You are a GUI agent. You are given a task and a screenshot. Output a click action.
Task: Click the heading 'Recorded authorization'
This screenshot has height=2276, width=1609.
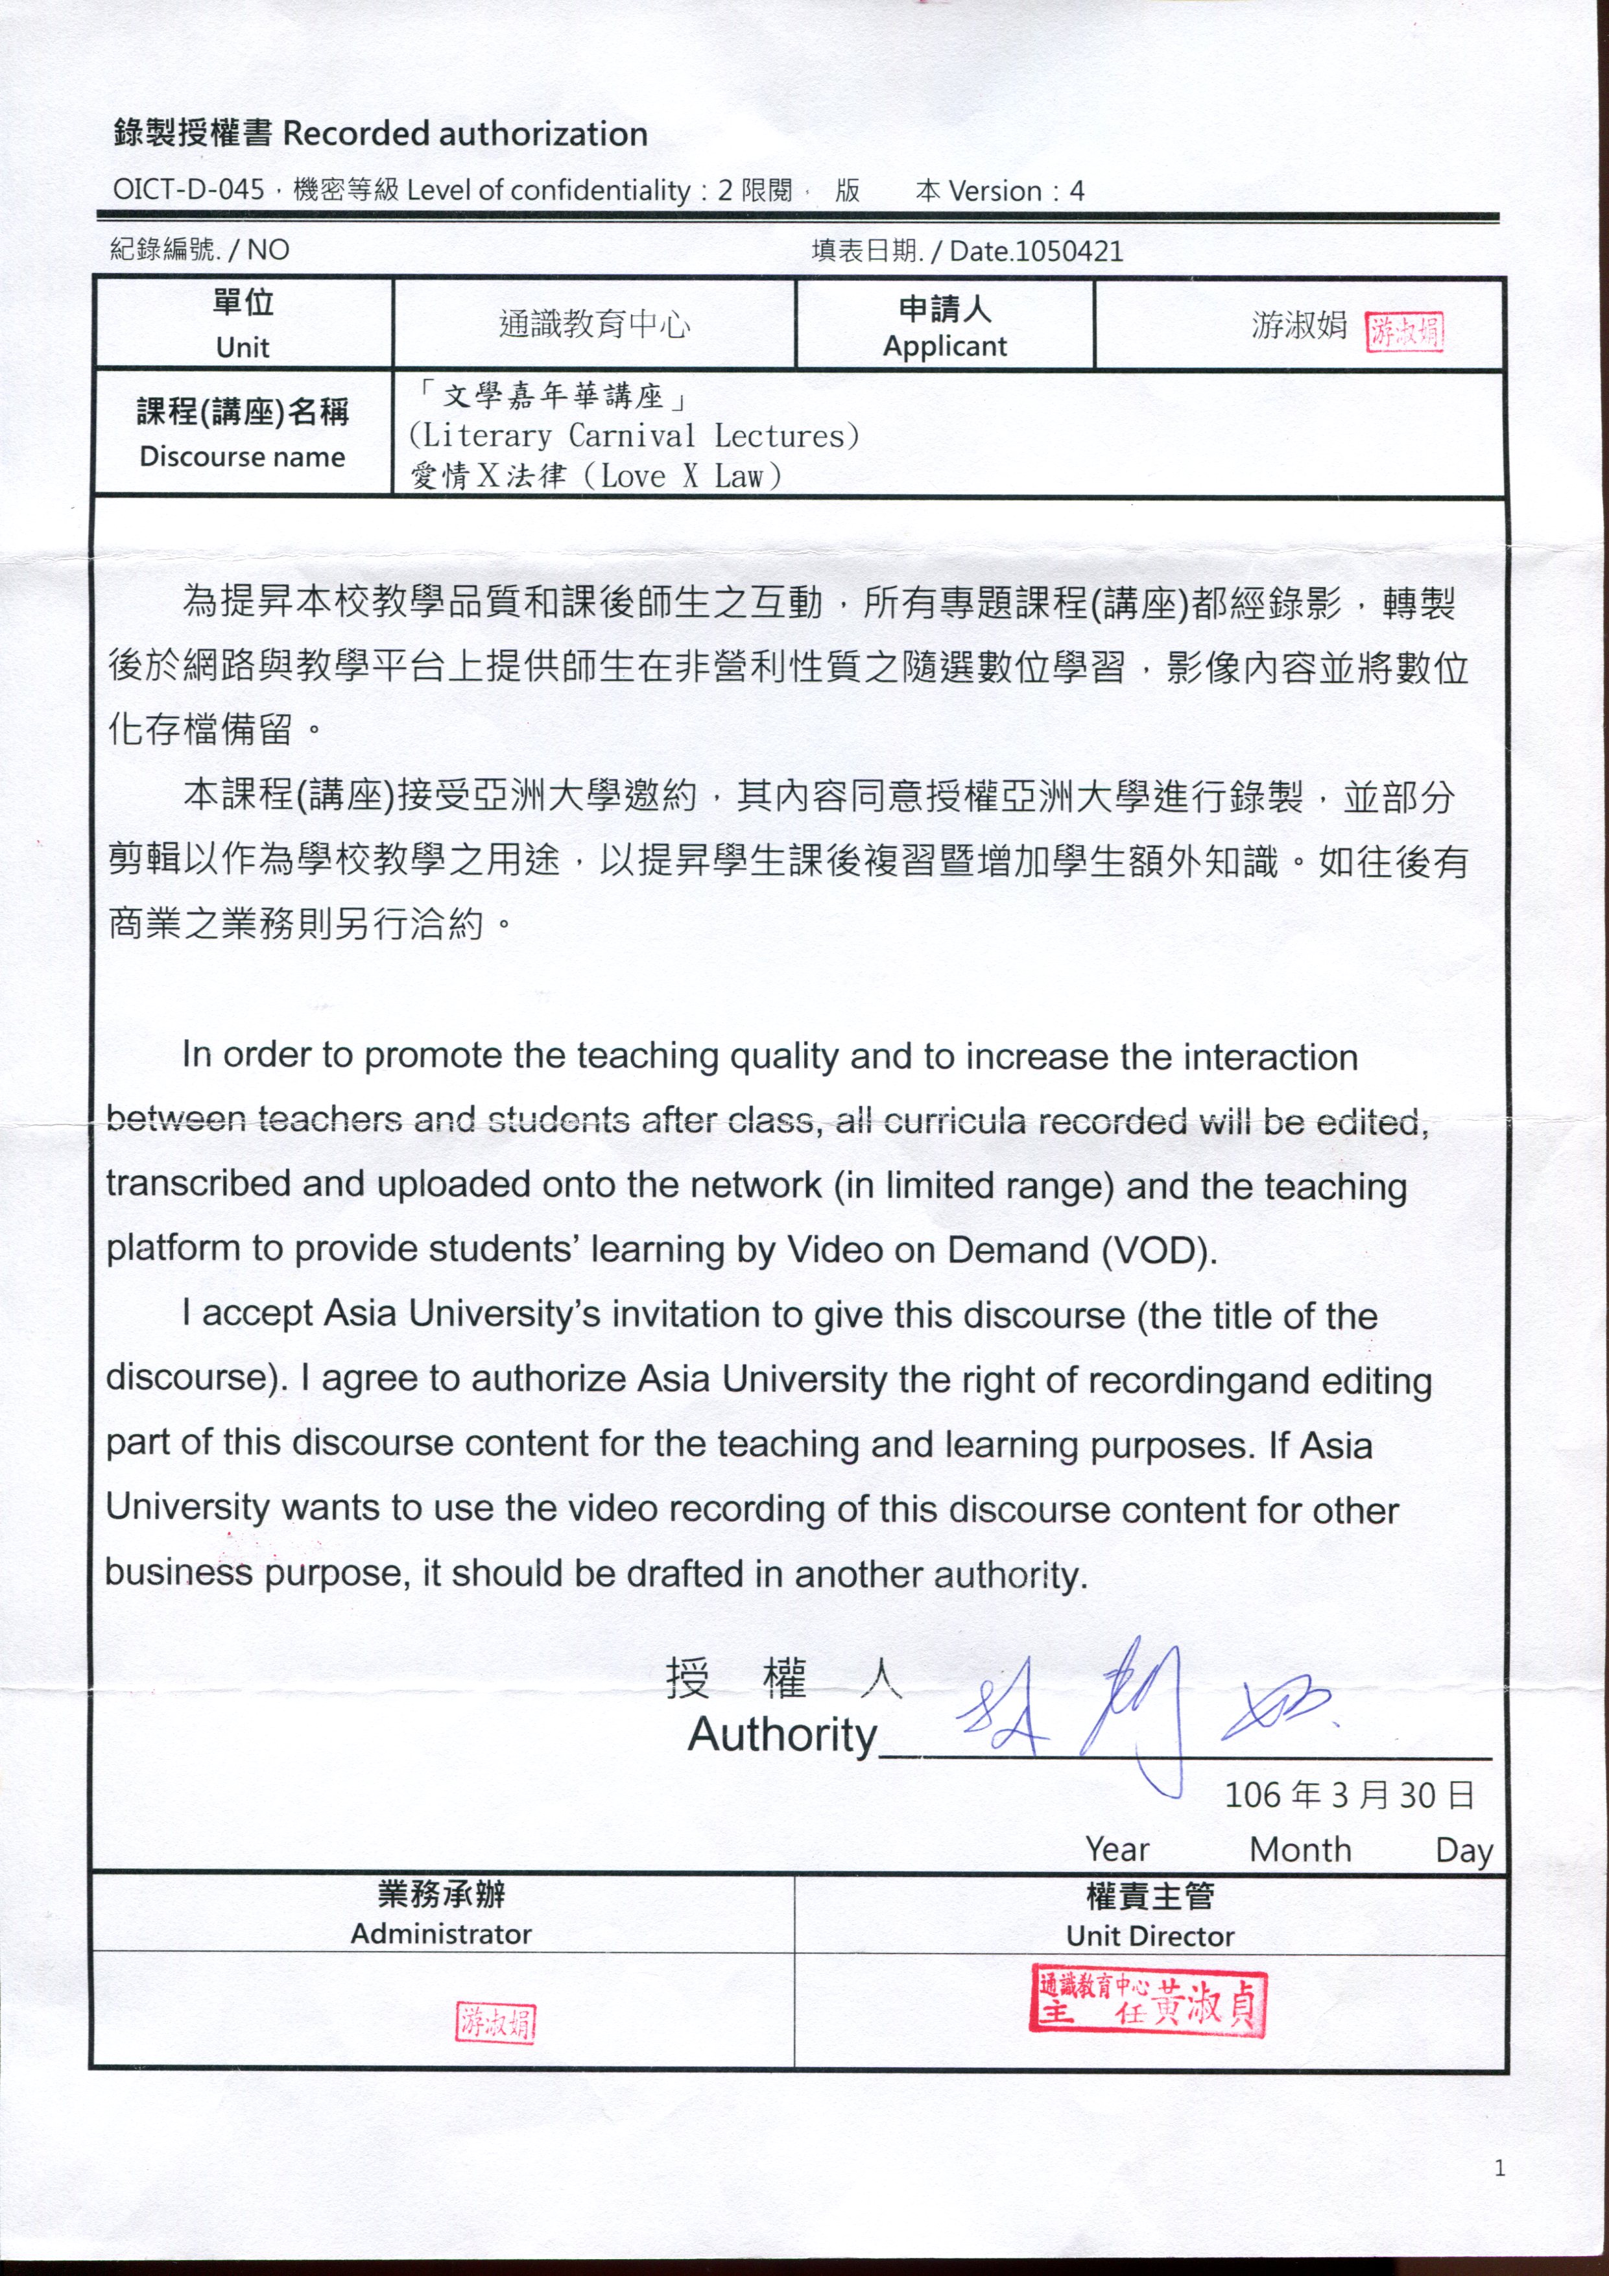coord(465,134)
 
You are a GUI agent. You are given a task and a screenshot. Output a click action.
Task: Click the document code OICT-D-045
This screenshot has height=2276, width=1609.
coord(188,189)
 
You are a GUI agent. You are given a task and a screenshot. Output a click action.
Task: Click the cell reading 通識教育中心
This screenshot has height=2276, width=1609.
coord(594,324)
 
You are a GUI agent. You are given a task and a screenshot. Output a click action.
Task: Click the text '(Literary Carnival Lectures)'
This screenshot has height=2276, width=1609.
coord(634,436)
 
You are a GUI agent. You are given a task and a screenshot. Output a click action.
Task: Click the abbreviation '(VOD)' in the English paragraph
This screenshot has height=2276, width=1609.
coord(1158,1251)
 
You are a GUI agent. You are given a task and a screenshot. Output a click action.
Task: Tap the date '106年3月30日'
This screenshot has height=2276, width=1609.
coord(1349,1795)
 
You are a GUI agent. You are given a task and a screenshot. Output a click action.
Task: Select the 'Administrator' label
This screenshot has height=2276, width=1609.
coord(441,1934)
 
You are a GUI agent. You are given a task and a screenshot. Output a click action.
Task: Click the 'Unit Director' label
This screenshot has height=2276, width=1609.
coord(1150,1936)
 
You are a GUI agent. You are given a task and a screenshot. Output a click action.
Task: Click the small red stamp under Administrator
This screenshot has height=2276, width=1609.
coord(495,2022)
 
